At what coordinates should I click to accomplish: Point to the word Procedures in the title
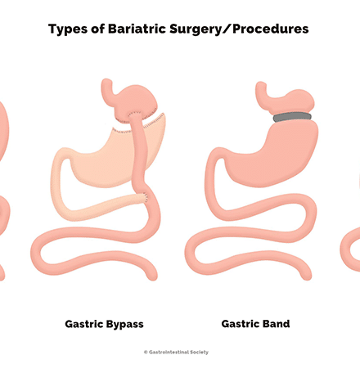point(271,29)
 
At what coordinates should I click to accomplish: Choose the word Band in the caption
point(275,324)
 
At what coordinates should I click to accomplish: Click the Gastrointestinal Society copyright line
point(176,352)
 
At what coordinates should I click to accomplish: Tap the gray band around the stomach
point(292,117)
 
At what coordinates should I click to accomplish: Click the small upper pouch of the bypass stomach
point(137,101)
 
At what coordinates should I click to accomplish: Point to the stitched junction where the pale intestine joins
point(145,197)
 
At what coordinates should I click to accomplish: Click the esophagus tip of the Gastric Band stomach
point(260,83)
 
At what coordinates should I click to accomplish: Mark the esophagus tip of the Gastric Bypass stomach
point(106,81)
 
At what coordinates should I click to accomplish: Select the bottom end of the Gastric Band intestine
point(306,277)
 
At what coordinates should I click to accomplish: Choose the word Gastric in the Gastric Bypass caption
point(83,324)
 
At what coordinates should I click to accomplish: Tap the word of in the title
point(97,29)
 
